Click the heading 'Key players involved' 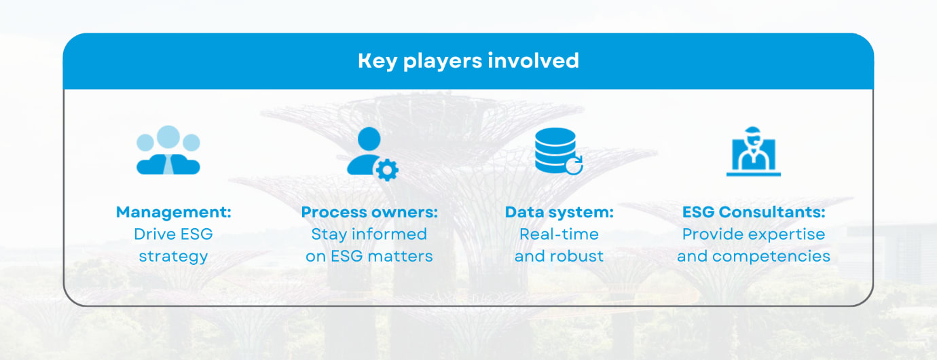468,61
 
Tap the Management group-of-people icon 168,150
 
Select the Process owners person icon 367,151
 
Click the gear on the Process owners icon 387,169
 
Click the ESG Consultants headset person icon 753,152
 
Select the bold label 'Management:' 173,212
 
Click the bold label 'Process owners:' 369,212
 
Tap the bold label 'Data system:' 559,212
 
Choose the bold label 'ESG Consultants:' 754,212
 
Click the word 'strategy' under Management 173,257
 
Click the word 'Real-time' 559,234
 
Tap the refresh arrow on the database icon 574,166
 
